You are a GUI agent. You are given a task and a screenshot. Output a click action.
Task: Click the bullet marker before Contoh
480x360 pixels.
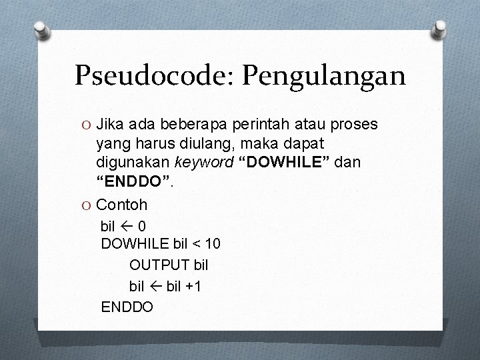(x=85, y=205)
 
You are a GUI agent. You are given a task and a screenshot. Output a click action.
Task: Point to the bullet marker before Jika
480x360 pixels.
(x=85, y=125)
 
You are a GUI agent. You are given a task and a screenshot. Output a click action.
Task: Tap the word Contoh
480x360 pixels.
(x=121, y=204)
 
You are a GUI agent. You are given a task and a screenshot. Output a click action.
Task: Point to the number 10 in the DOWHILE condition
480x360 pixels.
(x=211, y=244)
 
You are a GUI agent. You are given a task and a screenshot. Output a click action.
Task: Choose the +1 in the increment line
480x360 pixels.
(x=194, y=286)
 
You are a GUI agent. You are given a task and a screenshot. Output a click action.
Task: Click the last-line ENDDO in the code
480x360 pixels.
(x=127, y=307)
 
